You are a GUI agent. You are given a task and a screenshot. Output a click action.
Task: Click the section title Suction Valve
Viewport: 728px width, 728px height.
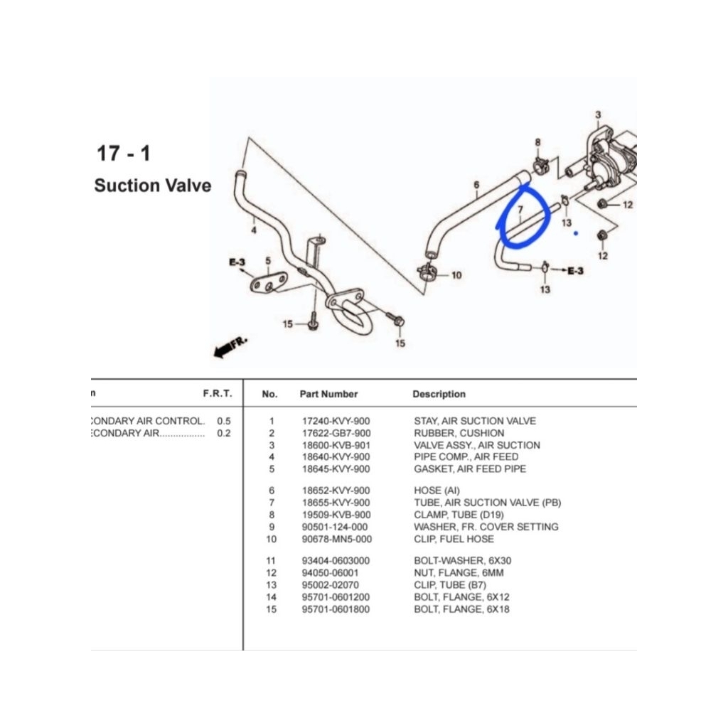coord(152,186)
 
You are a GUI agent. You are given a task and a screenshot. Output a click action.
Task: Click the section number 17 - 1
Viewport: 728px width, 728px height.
coord(123,153)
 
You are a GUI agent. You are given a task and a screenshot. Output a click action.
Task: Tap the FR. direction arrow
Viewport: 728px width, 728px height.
coord(230,348)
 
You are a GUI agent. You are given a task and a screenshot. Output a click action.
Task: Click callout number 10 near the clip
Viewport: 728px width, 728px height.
coord(456,275)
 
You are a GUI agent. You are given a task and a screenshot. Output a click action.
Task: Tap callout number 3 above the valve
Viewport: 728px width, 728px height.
coord(598,115)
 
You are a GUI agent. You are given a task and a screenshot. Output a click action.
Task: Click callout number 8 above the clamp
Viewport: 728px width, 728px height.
coord(537,143)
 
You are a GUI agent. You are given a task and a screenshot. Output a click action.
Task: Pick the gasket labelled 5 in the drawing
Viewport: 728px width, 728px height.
coord(268,284)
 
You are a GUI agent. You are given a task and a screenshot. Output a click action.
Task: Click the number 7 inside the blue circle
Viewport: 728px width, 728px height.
coord(520,210)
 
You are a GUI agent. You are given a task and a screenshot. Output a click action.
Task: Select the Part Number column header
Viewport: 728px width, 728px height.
coord(328,394)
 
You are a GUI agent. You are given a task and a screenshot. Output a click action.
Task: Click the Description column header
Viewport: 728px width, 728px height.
coord(439,394)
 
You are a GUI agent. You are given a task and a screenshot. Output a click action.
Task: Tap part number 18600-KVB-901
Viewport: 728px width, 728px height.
coord(336,445)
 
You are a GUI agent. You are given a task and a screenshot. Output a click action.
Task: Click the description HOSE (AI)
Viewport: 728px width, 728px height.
coord(437,491)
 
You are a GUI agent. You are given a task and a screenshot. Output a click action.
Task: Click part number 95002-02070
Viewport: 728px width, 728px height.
coord(330,585)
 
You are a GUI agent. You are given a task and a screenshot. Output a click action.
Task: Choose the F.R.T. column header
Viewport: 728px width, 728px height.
coord(217,394)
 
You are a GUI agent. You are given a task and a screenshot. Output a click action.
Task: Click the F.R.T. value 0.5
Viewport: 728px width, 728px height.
coord(224,421)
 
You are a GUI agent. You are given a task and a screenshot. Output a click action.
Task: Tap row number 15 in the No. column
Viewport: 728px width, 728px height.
coord(271,609)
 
